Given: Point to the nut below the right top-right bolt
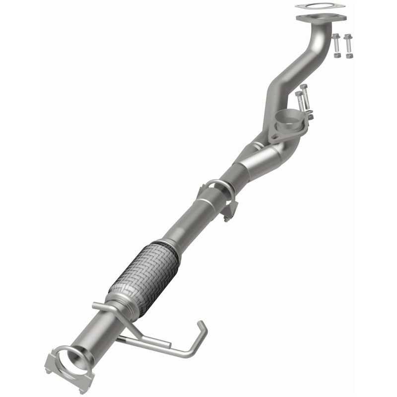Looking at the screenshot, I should (348, 56).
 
